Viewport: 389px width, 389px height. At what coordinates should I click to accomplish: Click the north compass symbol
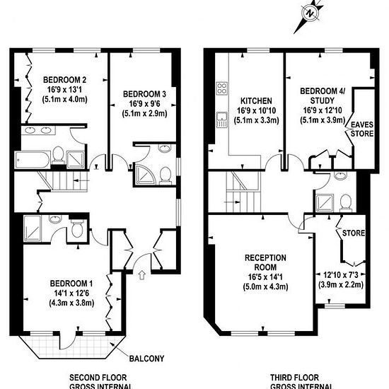pyautogui.click(x=309, y=13)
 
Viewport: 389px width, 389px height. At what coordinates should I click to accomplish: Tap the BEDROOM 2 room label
pyautogui.click(x=65, y=80)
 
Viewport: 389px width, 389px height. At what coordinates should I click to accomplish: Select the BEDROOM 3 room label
pyautogui.click(x=144, y=94)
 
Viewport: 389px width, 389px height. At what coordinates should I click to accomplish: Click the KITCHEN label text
pyautogui.click(x=256, y=100)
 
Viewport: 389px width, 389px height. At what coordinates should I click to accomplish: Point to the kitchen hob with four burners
pyautogui.click(x=222, y=88)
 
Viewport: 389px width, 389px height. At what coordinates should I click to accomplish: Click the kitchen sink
pyautogui.click(x=222, y=120)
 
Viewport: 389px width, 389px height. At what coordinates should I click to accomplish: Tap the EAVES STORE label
pyautogui.click(x=361, y=129)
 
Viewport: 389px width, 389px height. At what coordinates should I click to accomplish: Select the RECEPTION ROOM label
pyautogui.click(x=265, y=262)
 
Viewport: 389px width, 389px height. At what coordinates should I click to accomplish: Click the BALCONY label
pyautogui.click(x=146, y=359)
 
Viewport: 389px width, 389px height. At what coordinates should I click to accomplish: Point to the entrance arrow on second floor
pyautogui.click(x=141, y=275)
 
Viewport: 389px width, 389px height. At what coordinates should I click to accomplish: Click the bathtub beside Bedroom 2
pyautogui.click(x=33, y=160)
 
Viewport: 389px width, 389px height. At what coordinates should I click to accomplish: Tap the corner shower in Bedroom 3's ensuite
pyautogui.click(x=144, y=173)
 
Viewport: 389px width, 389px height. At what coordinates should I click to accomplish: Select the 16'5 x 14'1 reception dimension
pyautogui.click(x=265, y=277)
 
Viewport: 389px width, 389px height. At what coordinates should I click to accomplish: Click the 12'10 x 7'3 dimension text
pyautogui.click(x=341, y=274)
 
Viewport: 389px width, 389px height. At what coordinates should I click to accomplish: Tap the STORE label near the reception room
pyautogui.click(x=354, y=233)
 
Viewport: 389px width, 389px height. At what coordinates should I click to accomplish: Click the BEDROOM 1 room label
pyautogui.click(x=71, y=284)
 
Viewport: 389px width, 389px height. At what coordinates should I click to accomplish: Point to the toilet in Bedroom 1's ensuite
pyautogui.click(x=77, y=229)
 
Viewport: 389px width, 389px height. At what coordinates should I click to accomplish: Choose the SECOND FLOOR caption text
pyautogui.click(x=98, y=378)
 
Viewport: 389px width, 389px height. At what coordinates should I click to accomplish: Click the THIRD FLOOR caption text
pyautogui.click(x=294, y=378)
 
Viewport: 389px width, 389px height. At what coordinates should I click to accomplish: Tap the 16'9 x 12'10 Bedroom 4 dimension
pyautogui.click(x=323, y=110)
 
